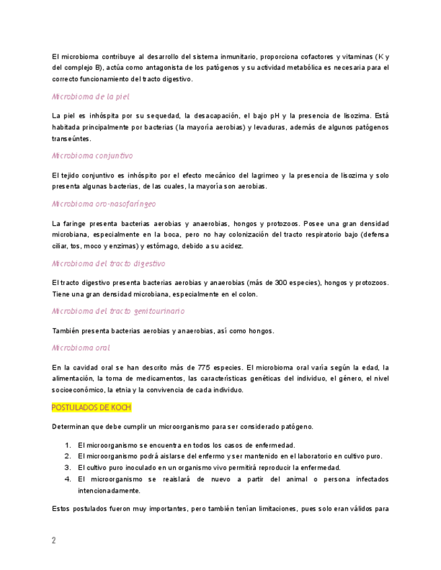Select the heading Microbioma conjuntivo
tap(92, 156)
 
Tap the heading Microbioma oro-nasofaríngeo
tap(104, 203)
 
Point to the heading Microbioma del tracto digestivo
tap(108, 263)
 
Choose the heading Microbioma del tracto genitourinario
tap(118, 311)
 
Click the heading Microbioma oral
tap(81, 348)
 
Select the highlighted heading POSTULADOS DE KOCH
tap(92, 407)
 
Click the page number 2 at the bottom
tap(54, 541)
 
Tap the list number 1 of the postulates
tap(68, 445)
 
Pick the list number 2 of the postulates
tap(68, 456)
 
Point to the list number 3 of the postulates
tap(68, 468)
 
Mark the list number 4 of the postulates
tap(68, 479)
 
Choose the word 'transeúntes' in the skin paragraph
tap(71, 139)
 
